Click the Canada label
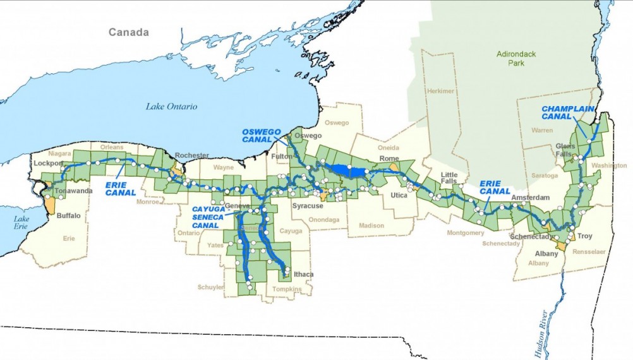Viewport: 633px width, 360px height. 128,32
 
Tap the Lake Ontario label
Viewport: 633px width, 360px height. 171,106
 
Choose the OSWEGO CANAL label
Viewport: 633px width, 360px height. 260,135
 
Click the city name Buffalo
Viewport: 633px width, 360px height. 69,215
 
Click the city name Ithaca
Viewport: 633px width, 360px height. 303,274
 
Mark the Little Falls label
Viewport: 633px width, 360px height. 449,178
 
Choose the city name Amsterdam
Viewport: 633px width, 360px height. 526,197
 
